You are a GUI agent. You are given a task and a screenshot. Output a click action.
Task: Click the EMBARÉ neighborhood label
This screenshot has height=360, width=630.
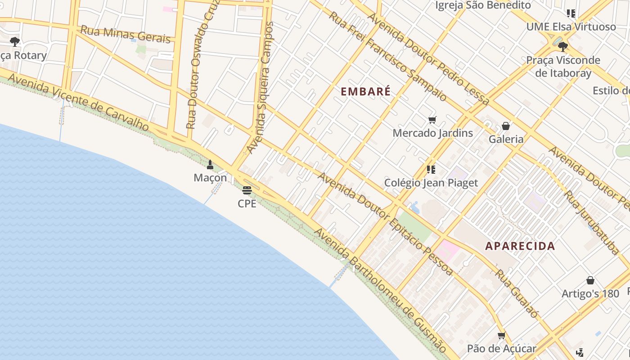click(x=365, y=91)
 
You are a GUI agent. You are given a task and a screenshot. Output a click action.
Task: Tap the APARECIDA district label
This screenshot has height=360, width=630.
click(x=520, y=246)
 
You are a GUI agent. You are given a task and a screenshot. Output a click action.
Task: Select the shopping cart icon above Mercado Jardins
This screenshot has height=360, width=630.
click(x=432, y=120)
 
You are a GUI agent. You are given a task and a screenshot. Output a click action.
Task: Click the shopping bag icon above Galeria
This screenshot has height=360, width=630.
click(x=506, y=126)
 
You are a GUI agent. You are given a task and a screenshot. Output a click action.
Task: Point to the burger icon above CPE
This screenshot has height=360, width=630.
click(x=247, y=190)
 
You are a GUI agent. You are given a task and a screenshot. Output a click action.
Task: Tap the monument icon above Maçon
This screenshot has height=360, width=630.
click(x=210, y=165)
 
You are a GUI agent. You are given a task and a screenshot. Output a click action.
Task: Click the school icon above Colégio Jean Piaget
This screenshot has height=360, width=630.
click(x=431, y=170)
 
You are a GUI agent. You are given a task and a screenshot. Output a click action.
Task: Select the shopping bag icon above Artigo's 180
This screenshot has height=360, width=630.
click(x=590, y=280)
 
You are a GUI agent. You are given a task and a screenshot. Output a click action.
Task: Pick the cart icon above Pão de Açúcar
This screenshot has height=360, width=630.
click(x=501, y=336)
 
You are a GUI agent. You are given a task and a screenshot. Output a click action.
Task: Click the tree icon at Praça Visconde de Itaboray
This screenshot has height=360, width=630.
click(x=562, y=46)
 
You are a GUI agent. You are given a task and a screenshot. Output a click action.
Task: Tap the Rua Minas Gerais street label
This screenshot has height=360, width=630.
click(x=126, y=35)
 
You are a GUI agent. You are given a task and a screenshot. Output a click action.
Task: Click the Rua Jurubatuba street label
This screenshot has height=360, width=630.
click(x=592, y=223)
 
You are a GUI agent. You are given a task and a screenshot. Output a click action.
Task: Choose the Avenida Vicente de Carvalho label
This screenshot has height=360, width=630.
click(x=78, y=103)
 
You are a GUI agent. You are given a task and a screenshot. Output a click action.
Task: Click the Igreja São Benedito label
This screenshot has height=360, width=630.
click(x=483, y=5)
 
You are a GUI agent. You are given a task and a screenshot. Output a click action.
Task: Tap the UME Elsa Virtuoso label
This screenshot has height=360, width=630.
click(x=571, y=27)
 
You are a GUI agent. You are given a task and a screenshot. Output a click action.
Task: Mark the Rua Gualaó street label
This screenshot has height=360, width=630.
click(x=517, y=293)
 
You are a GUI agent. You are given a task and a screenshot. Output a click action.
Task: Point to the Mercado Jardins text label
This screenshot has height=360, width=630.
click(x=432, y=133)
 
